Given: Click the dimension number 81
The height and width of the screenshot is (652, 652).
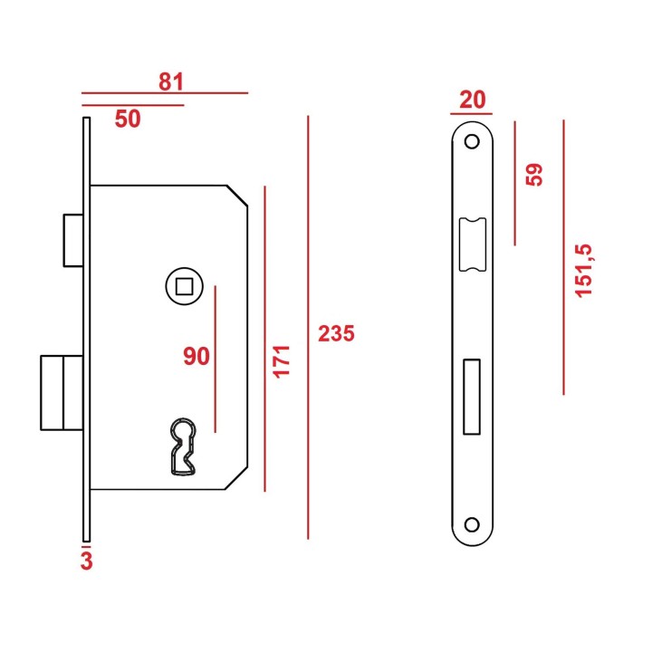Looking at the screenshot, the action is [x=171, y=81].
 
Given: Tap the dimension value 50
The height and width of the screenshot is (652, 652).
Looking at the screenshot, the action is [x=128, y=119].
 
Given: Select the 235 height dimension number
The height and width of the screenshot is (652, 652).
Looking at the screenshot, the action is [x=336, y=333].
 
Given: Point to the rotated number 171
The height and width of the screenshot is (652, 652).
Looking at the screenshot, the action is [x=281, y=361].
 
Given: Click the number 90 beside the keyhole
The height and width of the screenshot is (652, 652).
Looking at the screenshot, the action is [x=197, y=357].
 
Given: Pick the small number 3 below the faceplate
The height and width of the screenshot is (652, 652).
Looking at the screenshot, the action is [x=87, y=561].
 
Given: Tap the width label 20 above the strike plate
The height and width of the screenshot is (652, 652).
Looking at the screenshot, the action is [x=473, y=100].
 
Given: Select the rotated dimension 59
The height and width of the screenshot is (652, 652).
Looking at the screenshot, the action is [x=534, y=175].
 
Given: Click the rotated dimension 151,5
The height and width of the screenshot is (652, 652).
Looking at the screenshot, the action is [x=583, y=271].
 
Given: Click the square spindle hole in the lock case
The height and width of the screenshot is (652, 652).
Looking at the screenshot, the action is [x=184, y=286].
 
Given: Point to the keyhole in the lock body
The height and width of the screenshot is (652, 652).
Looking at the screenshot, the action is [x=183, y=446].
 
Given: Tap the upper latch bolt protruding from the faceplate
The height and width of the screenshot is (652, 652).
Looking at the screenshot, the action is [x=73, y=240].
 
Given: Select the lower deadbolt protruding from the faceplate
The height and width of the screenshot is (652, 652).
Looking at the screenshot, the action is [x=62, y=392].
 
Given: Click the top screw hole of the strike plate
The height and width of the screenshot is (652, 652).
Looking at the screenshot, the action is [x=472, y=141].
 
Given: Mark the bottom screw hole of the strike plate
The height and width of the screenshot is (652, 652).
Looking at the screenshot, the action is [x=472, y=524].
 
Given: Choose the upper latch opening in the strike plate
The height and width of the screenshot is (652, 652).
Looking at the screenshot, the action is [x=473, y=244].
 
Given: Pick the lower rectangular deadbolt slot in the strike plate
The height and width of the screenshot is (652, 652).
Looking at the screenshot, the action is [x=472, y=398].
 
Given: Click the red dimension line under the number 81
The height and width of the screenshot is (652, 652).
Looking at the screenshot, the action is [x=165, y=93].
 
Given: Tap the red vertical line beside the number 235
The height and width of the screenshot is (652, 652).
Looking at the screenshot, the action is [x=308, y=328].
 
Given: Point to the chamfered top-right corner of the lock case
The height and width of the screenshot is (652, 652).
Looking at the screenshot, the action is [x=237, y=196].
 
